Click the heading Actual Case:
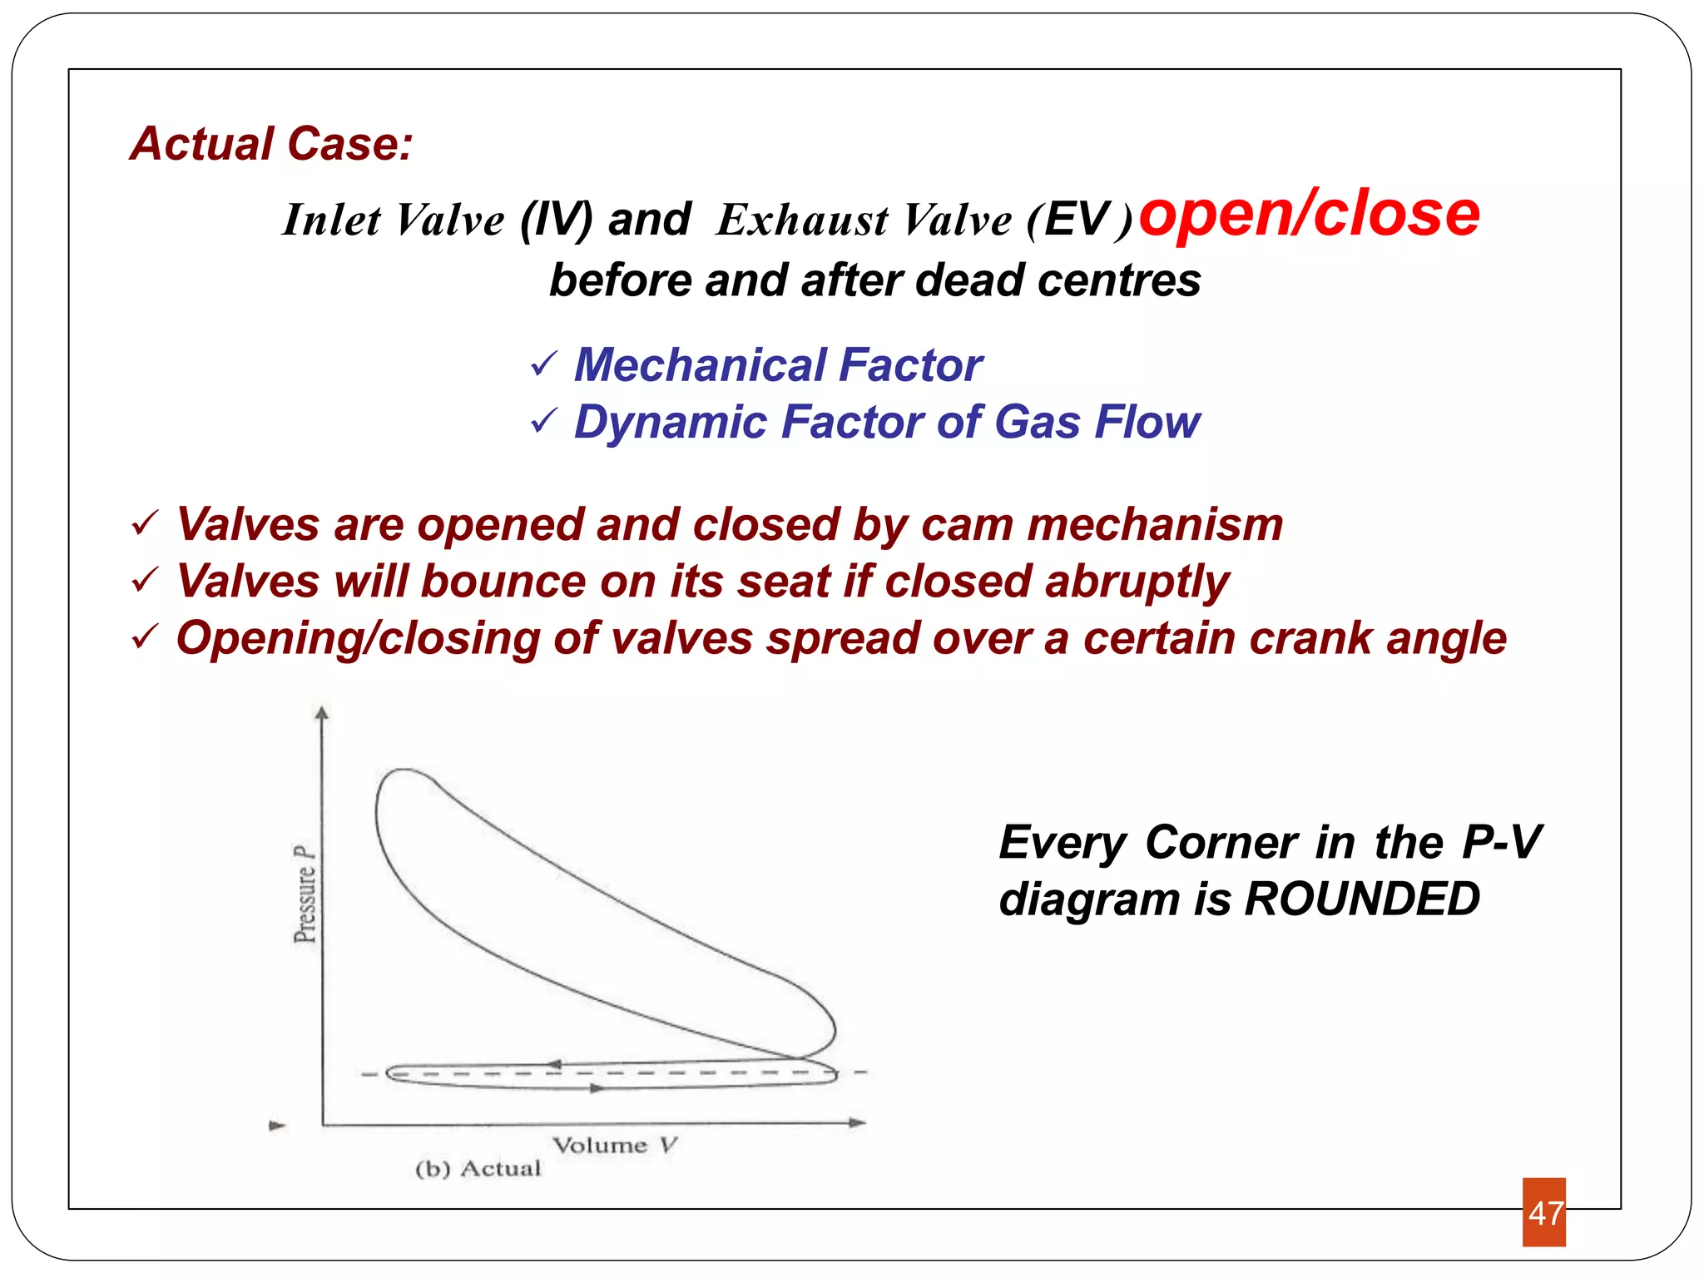[x=271, y=144]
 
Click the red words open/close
[x=1309, y=214]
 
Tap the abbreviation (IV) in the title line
[x=556, y=220]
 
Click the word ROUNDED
[x=1362, y=899]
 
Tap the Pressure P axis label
[x=305, y=894]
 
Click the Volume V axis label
[x=615, y=1146]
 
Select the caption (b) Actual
[x=478, y=1169]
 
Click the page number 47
[x=1544, y=1212]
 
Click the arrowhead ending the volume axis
[x=858, y=1122]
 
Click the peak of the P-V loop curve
[x=404, y=770]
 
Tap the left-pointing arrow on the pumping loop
[x=552, y=1064]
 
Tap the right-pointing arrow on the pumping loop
[x=597, y=1088]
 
